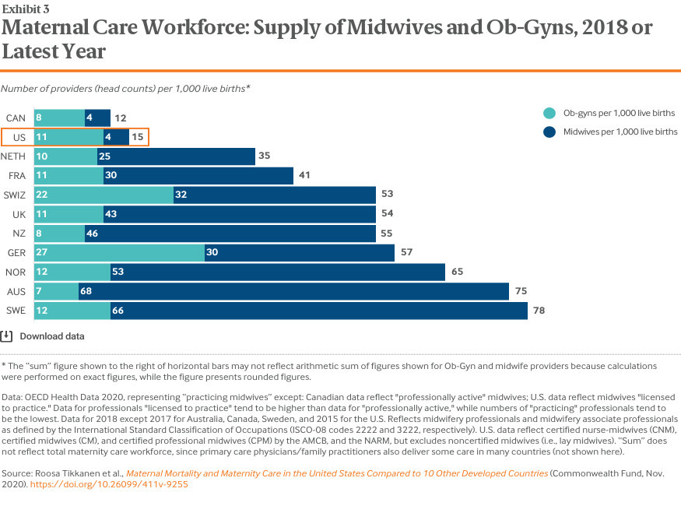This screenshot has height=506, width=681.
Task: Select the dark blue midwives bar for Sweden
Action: point(319,311)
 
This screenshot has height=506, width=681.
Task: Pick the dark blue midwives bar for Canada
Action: point(97,118)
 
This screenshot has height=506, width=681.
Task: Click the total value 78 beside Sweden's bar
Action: point(539,311)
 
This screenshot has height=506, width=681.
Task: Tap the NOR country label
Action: point(16,272)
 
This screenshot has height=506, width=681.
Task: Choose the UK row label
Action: point(19,214)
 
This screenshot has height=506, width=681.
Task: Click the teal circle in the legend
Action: point(549,113)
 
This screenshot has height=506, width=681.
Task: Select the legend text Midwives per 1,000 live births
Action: point(620,132)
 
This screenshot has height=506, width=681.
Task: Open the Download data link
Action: point(52,336)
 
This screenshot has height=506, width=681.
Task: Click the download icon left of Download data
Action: point(6,336)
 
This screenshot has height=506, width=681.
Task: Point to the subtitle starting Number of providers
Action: point(125,89)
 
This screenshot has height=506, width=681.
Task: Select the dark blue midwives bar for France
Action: point(198,176)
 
